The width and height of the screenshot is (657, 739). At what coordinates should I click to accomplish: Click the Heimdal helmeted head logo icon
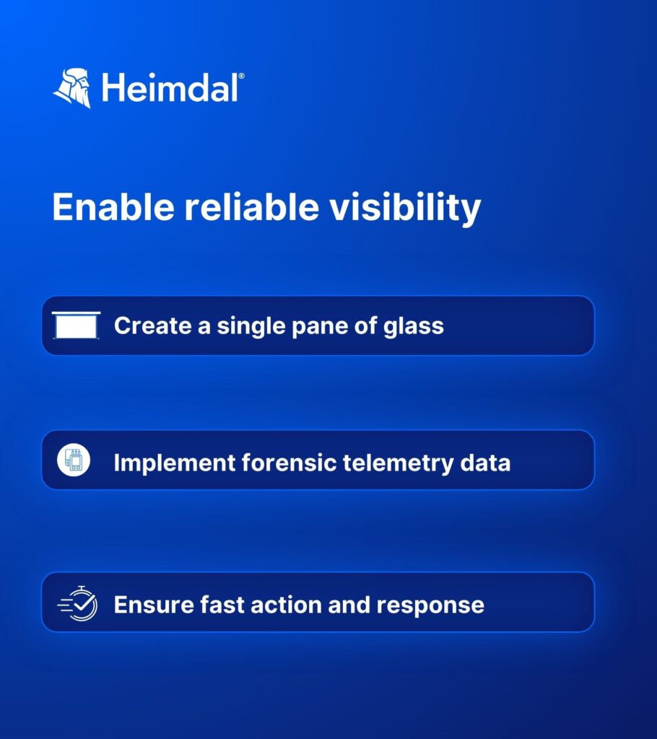pos(72,88)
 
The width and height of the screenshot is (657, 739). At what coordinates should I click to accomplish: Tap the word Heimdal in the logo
pos(170,87)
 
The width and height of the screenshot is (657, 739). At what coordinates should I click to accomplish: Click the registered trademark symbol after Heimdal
pos(241,76)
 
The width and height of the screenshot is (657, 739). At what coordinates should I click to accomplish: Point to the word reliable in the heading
pos(252,207)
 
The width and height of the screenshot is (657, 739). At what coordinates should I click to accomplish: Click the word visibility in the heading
pos(405,209)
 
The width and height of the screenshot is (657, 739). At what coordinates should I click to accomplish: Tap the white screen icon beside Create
pos(76,325)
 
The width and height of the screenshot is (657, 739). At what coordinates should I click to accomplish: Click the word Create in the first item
pos(153,325)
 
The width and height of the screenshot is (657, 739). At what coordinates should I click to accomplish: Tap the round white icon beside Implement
pos(74,460)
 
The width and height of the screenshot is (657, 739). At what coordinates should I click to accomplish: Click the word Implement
pos(175,463)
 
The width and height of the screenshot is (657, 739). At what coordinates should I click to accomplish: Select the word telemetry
pos(398,464)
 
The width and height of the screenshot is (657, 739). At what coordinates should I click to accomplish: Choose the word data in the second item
pos(485,463)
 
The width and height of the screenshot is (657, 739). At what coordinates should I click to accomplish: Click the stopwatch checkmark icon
pos(78,604)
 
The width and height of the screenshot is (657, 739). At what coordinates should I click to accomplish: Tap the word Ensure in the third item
pos(153,605)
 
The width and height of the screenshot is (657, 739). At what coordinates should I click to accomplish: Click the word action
pos(286,605)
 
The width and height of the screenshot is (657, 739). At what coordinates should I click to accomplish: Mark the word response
pos(430,606)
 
